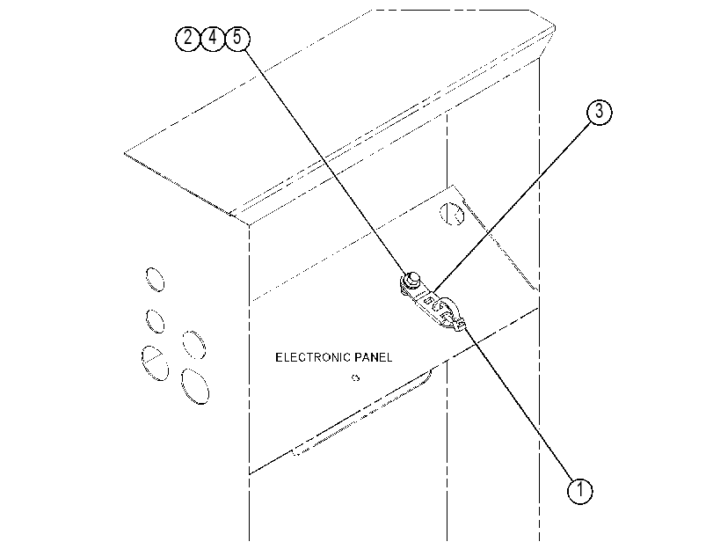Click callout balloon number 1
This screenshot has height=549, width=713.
click(x=579, y=491)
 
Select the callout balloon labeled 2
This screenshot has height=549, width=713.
click(x=188, y=38)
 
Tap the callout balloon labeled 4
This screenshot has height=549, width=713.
click(x=213, y=38)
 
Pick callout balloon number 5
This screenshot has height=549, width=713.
click(x=237, y=38)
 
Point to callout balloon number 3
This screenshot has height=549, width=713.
click(x=599, y=112)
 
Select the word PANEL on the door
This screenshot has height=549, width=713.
click(x=374, y=357)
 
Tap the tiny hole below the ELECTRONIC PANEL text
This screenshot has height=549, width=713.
click(x=355, y=377)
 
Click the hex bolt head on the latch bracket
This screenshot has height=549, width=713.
click(x=412, y=278)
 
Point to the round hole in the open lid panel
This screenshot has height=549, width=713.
click(x=452, y=213)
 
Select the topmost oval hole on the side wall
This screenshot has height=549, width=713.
click(x=155, y=279)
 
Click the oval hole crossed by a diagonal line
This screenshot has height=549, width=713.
click(x=155, y=363)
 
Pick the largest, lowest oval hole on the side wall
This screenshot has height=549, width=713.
click(x=195, y=386)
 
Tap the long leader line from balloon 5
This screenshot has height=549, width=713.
click(x=325, y=161)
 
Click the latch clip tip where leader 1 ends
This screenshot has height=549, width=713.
click(x=461, y=324)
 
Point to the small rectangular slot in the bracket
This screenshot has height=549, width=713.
click(x=428, y=300)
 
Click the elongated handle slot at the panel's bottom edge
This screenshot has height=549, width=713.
click(x=361, y=414)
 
